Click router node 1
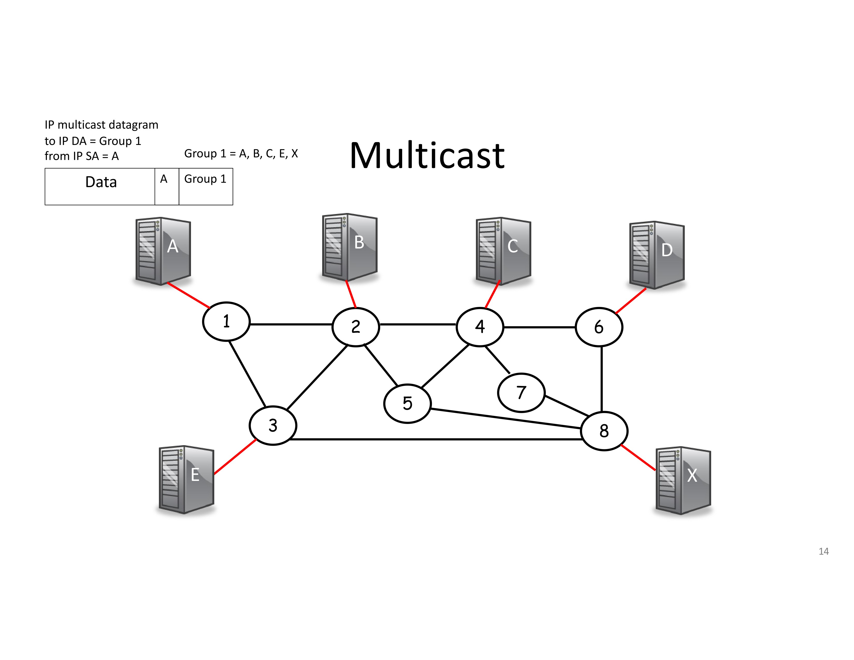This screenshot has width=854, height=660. pyautogui.click(x=226, y=321)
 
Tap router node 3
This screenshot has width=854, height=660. pyautogui.click(x=273, y=426)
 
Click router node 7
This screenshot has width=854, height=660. pyautogui.click(x=521, y=393)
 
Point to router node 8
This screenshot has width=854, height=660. pyautogui.click(x=604, y=431)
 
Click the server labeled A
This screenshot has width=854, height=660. pyautogui.click(x=163, y=251)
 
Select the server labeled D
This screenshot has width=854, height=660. pyautogui.click(x=657, y=255)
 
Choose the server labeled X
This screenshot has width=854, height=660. pyautogui.click(x=683, y=481)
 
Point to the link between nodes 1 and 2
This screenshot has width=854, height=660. pyautogui.click(x=291, y=324)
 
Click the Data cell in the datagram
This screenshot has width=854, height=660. pyautogui.click(x=100, y=187)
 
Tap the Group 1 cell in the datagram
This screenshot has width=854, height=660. pyautogui.click(x=206, y=187)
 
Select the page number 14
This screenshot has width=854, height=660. pyautogui.click(x=823, y=551)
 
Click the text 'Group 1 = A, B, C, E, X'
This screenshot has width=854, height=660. pyautogui.click(x=241, y=154)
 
